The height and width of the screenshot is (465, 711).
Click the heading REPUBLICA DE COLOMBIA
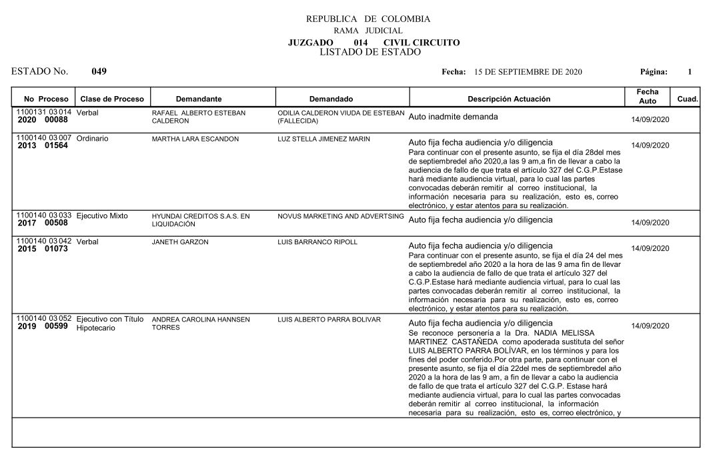click(368, 19)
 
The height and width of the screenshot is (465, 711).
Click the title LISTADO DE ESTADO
click(370, 52)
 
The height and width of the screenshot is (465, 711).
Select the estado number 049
click(99, 71)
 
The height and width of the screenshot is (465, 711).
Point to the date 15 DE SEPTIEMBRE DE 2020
click(528, 71)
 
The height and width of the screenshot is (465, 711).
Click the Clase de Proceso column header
click(112, 99)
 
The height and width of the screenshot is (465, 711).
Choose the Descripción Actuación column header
click(509, 99)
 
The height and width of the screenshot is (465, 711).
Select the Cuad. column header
click(687, 99)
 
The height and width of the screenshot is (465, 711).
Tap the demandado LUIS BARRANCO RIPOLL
click(317, 242)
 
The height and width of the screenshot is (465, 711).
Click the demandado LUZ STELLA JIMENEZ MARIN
click(323, 139)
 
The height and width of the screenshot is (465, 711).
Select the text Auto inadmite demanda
click(453, 117)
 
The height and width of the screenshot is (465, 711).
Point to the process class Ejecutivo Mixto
click(102, 216)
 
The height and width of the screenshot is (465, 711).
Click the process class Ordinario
click(93, 139)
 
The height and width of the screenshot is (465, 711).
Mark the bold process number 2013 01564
click(43, 147)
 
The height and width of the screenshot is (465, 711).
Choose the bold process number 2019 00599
click(43, 327)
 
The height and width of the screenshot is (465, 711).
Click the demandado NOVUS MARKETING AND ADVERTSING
click(341, 216)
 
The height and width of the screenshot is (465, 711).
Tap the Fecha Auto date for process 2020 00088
click(650, 119)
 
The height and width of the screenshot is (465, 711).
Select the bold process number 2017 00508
click(43, 224)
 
